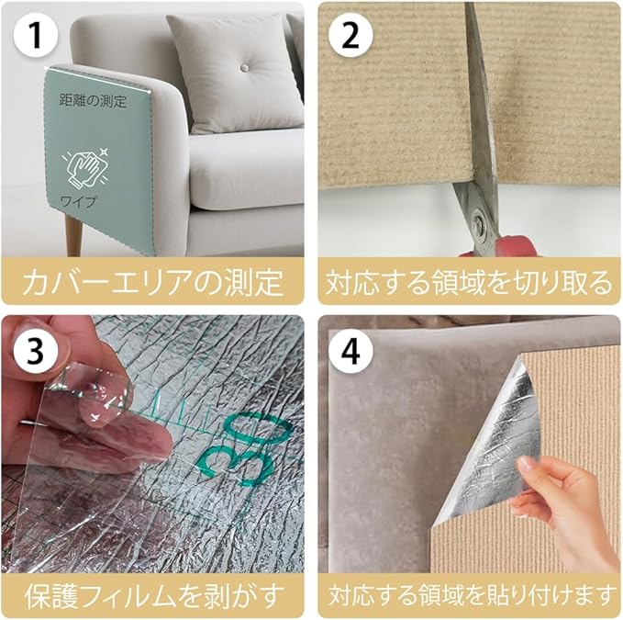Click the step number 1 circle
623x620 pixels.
[x=36, y=35]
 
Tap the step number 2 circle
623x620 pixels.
[x=350, y=35]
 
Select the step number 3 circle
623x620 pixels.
[x=36, y=351]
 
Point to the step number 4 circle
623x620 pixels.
[x=350, y=351]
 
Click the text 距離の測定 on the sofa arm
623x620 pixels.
[x=93, y=101]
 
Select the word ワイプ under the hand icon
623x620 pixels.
[x=78, y=202]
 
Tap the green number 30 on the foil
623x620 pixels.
[x=246, y=448]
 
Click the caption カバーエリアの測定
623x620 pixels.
[x=153, y=282]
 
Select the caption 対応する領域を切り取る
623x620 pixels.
[x=469, y=282]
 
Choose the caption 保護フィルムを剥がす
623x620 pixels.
[x=153, y=595]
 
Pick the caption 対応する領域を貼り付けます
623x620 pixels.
[x=469, y=595]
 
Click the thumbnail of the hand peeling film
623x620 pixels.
[x=92, y=413]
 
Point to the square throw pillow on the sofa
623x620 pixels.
[x=235, y=73]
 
